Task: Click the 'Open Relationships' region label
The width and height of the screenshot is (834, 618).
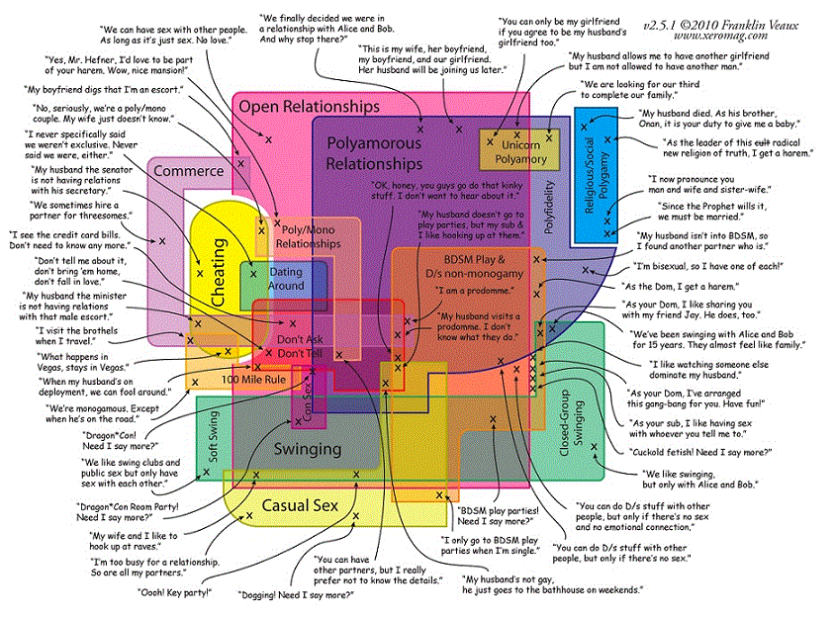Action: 309,106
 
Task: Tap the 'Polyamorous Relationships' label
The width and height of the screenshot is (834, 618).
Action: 374,152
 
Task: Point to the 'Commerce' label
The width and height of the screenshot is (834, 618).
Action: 188,171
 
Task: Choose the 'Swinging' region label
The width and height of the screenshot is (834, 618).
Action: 307,448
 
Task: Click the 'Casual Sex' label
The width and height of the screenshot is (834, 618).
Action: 299,505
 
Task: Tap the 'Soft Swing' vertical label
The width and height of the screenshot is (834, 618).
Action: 213,434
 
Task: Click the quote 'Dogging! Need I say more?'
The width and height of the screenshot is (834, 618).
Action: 295,595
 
